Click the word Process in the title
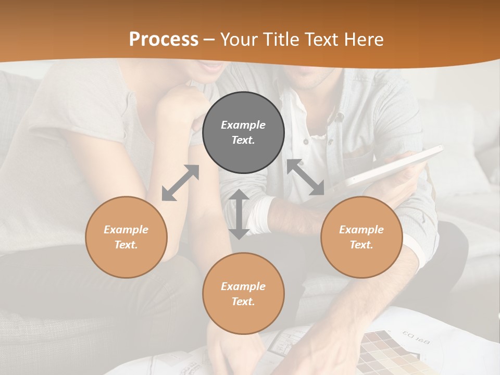tap(164, 40)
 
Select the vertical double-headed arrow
tap(239, 214)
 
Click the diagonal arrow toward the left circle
tap(180, 183)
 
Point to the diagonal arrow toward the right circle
tap(306, 178)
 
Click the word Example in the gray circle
tap(243, 125)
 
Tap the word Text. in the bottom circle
tap(243, 302)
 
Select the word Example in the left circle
tap(126, 230)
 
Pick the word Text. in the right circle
tap(361, 245)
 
